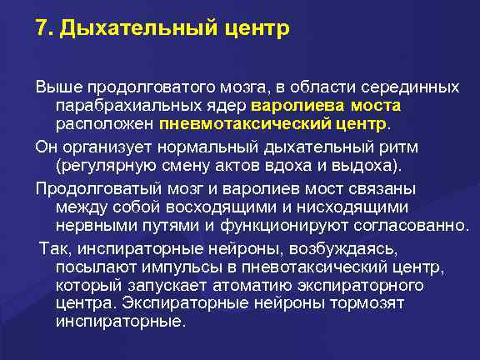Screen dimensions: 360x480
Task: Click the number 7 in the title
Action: click(41, 29)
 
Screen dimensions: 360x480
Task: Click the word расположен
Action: click(104, 125)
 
